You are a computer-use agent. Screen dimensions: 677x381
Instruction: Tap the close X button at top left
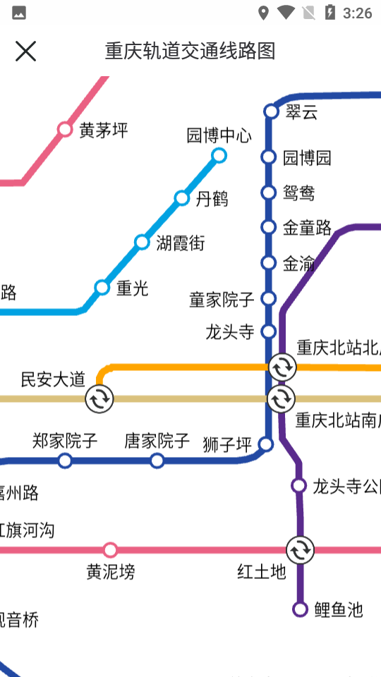25,51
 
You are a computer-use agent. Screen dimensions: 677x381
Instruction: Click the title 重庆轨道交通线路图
190,51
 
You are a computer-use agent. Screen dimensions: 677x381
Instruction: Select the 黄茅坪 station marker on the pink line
65,129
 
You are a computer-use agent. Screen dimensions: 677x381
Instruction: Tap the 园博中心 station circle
219,155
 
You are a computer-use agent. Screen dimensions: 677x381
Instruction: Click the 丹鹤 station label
212,199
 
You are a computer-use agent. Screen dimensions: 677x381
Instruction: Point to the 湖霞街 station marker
142,243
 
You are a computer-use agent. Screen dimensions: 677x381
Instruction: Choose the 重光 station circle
102,287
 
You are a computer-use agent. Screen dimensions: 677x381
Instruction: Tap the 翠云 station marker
271,111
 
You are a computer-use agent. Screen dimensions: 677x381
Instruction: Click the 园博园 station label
307,157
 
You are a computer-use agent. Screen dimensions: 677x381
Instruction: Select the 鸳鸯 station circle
268,193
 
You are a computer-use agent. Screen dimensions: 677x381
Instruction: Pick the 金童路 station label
307,227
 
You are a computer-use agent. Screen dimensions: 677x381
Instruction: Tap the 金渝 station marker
268,263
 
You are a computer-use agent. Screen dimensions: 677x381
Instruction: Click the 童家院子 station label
222,299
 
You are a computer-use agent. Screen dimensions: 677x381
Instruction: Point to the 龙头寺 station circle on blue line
268,331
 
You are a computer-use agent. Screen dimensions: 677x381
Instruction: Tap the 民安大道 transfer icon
99,400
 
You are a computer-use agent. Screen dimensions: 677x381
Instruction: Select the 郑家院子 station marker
65,461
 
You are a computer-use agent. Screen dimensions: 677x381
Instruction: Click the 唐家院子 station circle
157,461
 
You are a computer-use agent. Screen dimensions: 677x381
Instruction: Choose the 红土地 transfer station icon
300,550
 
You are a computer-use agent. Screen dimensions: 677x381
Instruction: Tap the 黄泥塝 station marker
110,550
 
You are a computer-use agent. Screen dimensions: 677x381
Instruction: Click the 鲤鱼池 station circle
301,609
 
